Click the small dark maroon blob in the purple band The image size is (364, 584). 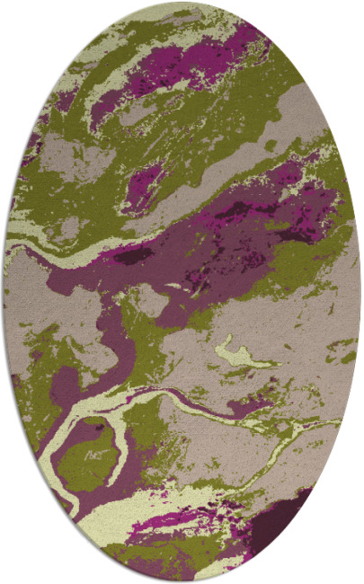(135, 257)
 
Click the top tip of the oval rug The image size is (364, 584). (182, 4)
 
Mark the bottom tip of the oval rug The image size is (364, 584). (182, 580)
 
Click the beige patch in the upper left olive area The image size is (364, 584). (67, 153)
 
